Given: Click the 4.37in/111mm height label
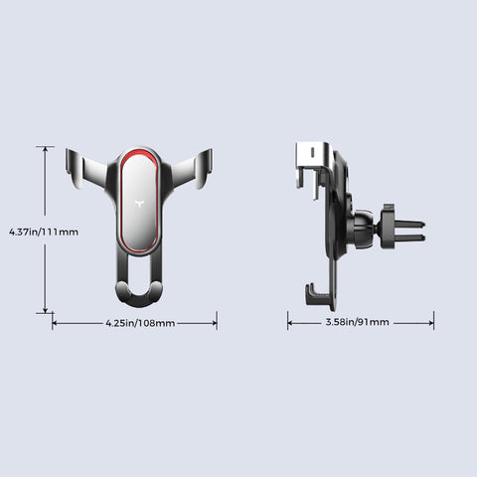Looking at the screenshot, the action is pyautogui.click(x=44, y=232).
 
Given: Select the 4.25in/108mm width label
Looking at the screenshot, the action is pyautogui.click(x=140, y=323).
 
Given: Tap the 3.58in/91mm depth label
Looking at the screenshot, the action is pyautogui.click(x=358, y=322).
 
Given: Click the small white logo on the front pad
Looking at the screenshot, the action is pyautogui.click(x=139, y=203).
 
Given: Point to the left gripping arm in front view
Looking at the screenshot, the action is pyautogui.click(x=86, y=169).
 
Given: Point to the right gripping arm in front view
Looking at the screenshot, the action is pyautogui.click(x=191, y=169).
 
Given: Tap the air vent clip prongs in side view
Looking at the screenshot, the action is pyautogui.click(x=409, y=231).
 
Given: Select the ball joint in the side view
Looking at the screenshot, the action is pyautogui.click(x=363, y=230).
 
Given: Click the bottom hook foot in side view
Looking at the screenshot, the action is pyautogui.click(x=317, y=295).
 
